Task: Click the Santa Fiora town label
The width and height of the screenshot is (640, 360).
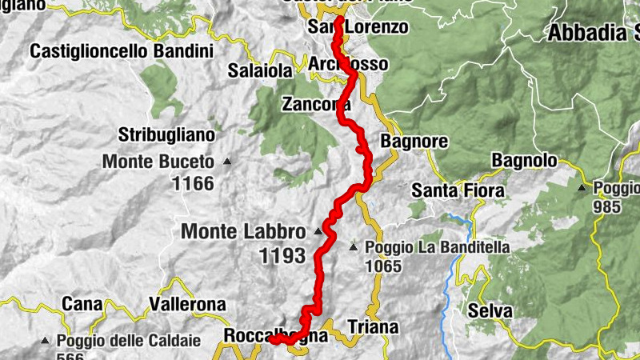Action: [x=458, y=190]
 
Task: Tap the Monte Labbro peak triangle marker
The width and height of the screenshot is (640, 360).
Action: [x=318, y=232]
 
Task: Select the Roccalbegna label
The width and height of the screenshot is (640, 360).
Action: [x=276, y=336]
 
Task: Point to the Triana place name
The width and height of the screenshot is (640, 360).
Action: [x=373, y=326]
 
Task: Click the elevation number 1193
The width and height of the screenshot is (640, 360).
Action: [x=282, y=256]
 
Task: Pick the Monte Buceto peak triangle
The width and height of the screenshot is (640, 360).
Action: [x=226, y=162]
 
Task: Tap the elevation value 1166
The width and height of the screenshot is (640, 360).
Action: [x=193, y=184]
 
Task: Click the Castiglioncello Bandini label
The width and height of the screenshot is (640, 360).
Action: [x=122, y=51]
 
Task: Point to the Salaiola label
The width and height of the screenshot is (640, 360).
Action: [x=260, y=70]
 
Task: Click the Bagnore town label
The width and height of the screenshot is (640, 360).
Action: [x=414, y=142]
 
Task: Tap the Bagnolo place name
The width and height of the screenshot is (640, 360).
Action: [x=523, y=160]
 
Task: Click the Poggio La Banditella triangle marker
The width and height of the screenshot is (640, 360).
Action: [x=353, y=248]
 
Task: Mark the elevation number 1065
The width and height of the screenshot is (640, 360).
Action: [x=386, y=265]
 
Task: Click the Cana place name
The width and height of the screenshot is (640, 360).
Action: [x=83, y=305]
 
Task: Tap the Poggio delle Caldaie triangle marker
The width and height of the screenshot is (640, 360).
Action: [x=46, y=341]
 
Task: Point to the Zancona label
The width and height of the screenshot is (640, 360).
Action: [x=317, y=104]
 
